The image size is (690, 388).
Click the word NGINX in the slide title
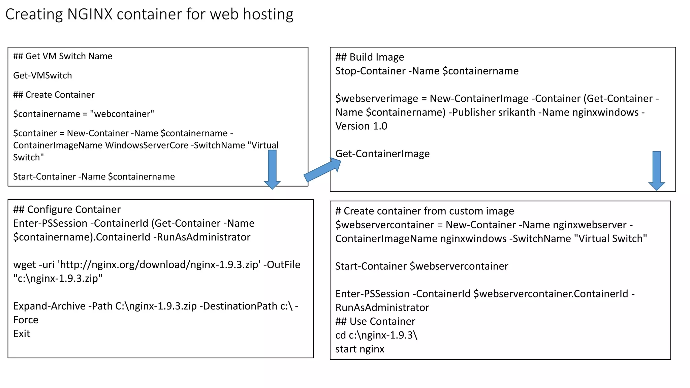point(90,14)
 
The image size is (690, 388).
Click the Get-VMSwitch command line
point(42,75)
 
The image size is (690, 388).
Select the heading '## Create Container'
point(54,95)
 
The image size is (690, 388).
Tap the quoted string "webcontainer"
point(122,114)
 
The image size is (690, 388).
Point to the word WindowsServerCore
point(147,145)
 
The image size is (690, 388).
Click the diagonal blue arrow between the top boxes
point(322,170)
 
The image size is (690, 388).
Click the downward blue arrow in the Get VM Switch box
point(272,168)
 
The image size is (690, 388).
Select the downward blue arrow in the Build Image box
point(657,170)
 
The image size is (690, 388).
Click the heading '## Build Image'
point(370,57)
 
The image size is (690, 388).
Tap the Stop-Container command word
point(370,71)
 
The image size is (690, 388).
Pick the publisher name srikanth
point(516,112)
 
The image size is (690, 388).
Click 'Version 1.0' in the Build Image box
point(361,126)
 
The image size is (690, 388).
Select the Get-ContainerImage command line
point(382,154)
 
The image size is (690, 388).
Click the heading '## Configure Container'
point(67,209)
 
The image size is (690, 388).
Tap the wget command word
point(24,265)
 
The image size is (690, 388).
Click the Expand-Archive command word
point(49,306)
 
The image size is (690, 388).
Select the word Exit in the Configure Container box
point(22,333)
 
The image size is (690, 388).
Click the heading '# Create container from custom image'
point(425,211)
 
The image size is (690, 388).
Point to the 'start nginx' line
point(359,349)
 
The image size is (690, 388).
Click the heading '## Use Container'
point(375,321)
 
